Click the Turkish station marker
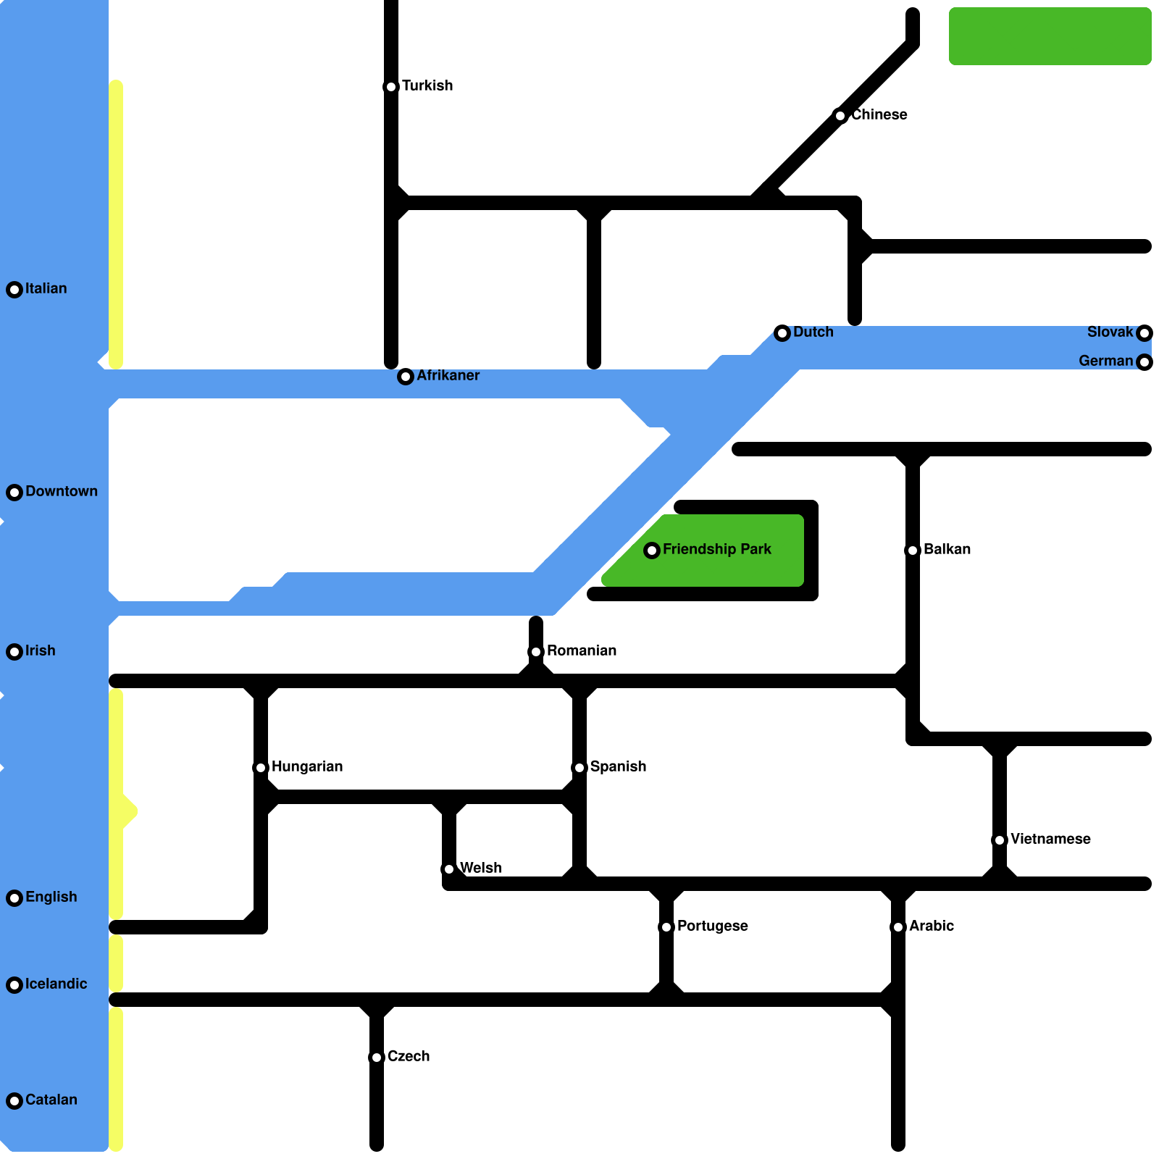(391, 87)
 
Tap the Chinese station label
(879, 115)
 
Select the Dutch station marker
(782, 333)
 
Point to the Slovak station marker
(1145, 333)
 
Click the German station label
(1105, 361)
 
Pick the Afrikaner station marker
(406, 377)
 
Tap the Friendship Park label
(716, 550)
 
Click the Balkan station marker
(913, 551)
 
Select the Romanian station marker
(536, 652)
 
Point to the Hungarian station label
(307, 767)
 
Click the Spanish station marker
(579, 768)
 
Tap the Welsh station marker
(449, 869)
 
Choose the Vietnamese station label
(1050, 840)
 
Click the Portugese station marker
(666, 927)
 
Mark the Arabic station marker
(898, 927)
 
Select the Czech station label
(409, 1057)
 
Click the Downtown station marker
(14, 493)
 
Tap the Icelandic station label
(56, 984)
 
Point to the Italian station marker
(14, 290)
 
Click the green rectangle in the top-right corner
(1050, 36)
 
